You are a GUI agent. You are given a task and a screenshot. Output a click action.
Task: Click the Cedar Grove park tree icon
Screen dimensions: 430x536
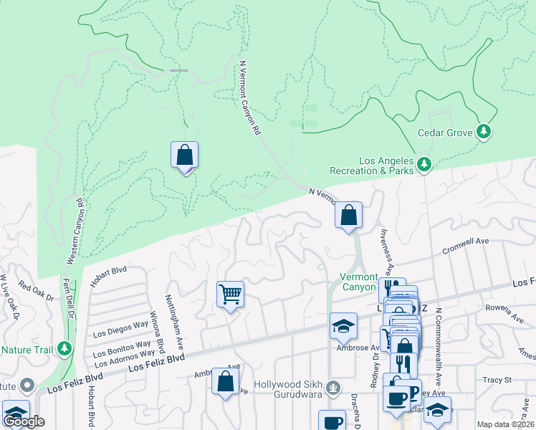click(x=485, y=131)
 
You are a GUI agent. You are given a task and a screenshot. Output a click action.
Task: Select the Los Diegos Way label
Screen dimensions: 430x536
click(x=121, y=329)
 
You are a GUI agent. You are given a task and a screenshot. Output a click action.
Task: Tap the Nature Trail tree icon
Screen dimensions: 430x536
click(x=66, y=348)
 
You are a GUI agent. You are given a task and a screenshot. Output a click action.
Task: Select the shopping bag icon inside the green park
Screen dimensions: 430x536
click(x=184, y=155)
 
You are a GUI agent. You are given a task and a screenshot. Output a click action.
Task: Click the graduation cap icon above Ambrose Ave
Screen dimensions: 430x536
click(x=343, y=325)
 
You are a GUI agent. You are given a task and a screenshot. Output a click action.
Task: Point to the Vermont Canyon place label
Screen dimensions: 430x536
click(x=358, y=282)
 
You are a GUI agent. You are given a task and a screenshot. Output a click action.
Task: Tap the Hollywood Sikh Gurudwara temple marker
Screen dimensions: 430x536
click(x=332, y=388)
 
